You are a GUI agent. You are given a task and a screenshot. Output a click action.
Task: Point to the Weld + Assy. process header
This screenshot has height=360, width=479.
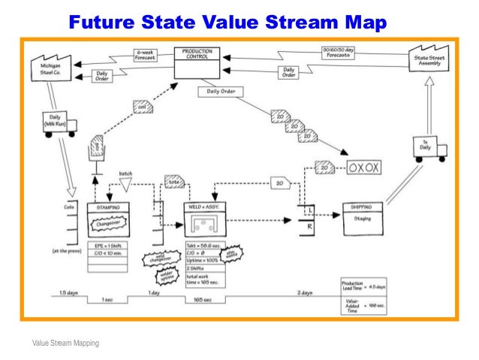(x=206, y=207)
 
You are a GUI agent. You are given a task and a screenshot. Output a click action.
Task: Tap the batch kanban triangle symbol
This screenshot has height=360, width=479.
(x=125, y=183)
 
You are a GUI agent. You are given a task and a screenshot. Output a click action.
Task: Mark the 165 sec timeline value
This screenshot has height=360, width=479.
(x=203, y=299)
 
